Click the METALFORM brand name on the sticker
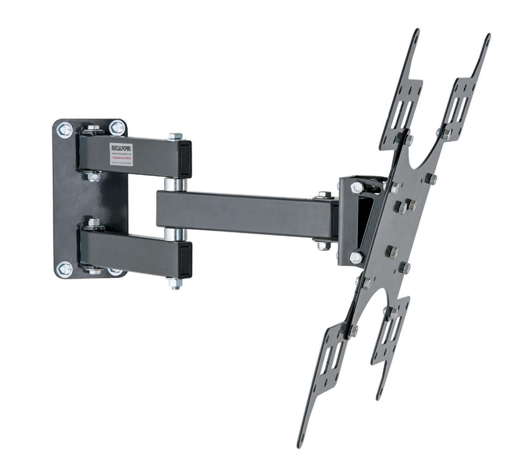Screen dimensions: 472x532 121,147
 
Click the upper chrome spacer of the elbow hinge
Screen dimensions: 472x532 175,184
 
